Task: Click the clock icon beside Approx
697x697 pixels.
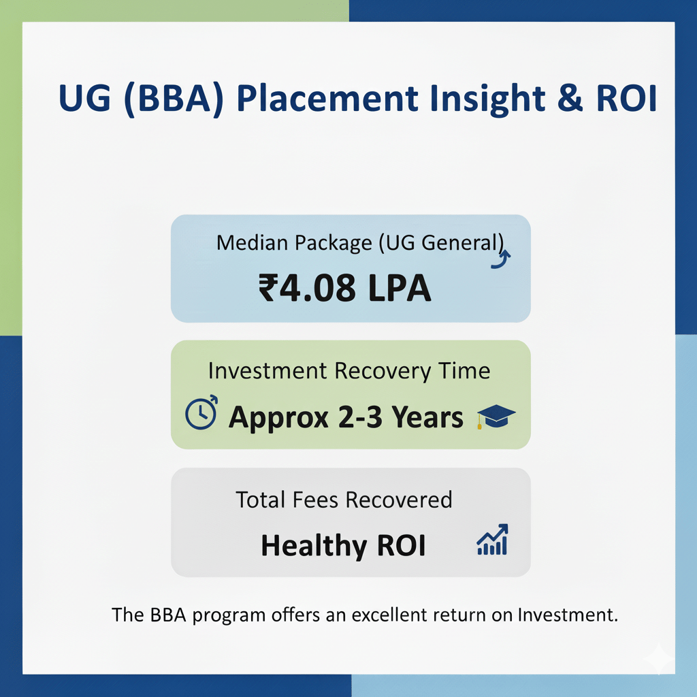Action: (201, 412)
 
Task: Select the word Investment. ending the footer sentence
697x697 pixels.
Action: (568, 615)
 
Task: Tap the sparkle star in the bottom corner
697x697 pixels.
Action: (659, 660)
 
